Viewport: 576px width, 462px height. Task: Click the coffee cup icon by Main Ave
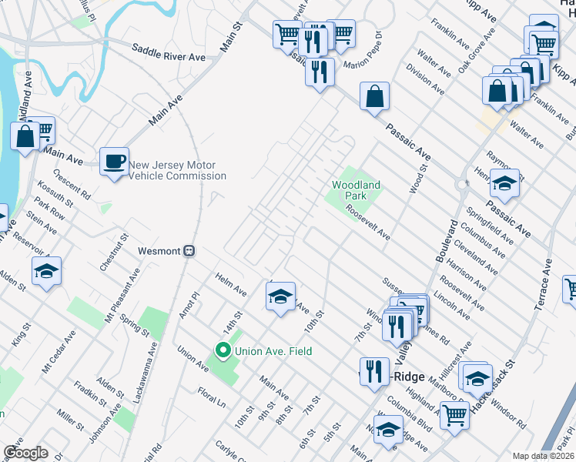tap(115, 162)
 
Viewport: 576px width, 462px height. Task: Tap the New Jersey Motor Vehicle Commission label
tap(177, 170)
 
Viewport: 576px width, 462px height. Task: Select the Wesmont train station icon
tap(189, 251)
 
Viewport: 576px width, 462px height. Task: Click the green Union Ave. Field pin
tap(223, 352)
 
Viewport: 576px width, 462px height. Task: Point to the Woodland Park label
tap(356, 190)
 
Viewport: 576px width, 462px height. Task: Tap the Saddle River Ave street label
tap(168, 57)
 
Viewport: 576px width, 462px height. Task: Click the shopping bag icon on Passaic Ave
tap(374, 97)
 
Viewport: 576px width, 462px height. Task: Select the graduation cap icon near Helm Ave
tap(280, 296)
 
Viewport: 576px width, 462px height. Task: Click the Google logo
tap(25, 452)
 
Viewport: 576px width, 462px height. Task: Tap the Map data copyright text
tap(542, 456)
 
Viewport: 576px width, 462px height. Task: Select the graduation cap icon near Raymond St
tap(505, 183)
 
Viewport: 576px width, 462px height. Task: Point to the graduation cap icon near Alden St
tap(47, 272)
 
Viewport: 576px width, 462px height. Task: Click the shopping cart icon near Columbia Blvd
tap(454, 414)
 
